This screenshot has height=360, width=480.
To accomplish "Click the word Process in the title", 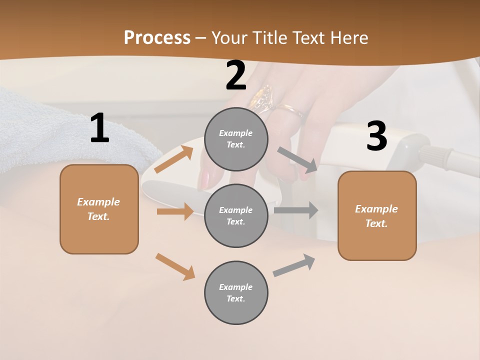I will [x=157, y=38].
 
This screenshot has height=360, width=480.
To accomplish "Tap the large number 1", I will [x=99, y=129].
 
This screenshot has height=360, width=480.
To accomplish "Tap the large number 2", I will [x=236, y=76].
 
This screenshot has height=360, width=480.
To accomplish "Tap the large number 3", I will [x=376, y=136].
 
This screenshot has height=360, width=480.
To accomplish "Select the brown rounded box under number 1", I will [x=99, y=209].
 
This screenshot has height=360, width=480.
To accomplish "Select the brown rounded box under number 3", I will [x=377, y=216].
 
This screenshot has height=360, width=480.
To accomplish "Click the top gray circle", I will [x=236, y=139].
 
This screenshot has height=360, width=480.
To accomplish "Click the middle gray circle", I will [x=236, y=215].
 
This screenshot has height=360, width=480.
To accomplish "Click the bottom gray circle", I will [x=236, y=292].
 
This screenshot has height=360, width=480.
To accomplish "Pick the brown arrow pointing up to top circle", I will [x=174, y=159].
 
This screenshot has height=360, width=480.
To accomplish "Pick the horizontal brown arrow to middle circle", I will [x=175, y=211].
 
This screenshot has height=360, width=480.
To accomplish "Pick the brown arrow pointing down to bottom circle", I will [x=175, y=266].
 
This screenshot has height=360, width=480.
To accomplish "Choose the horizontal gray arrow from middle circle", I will [x=296, y=210].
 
